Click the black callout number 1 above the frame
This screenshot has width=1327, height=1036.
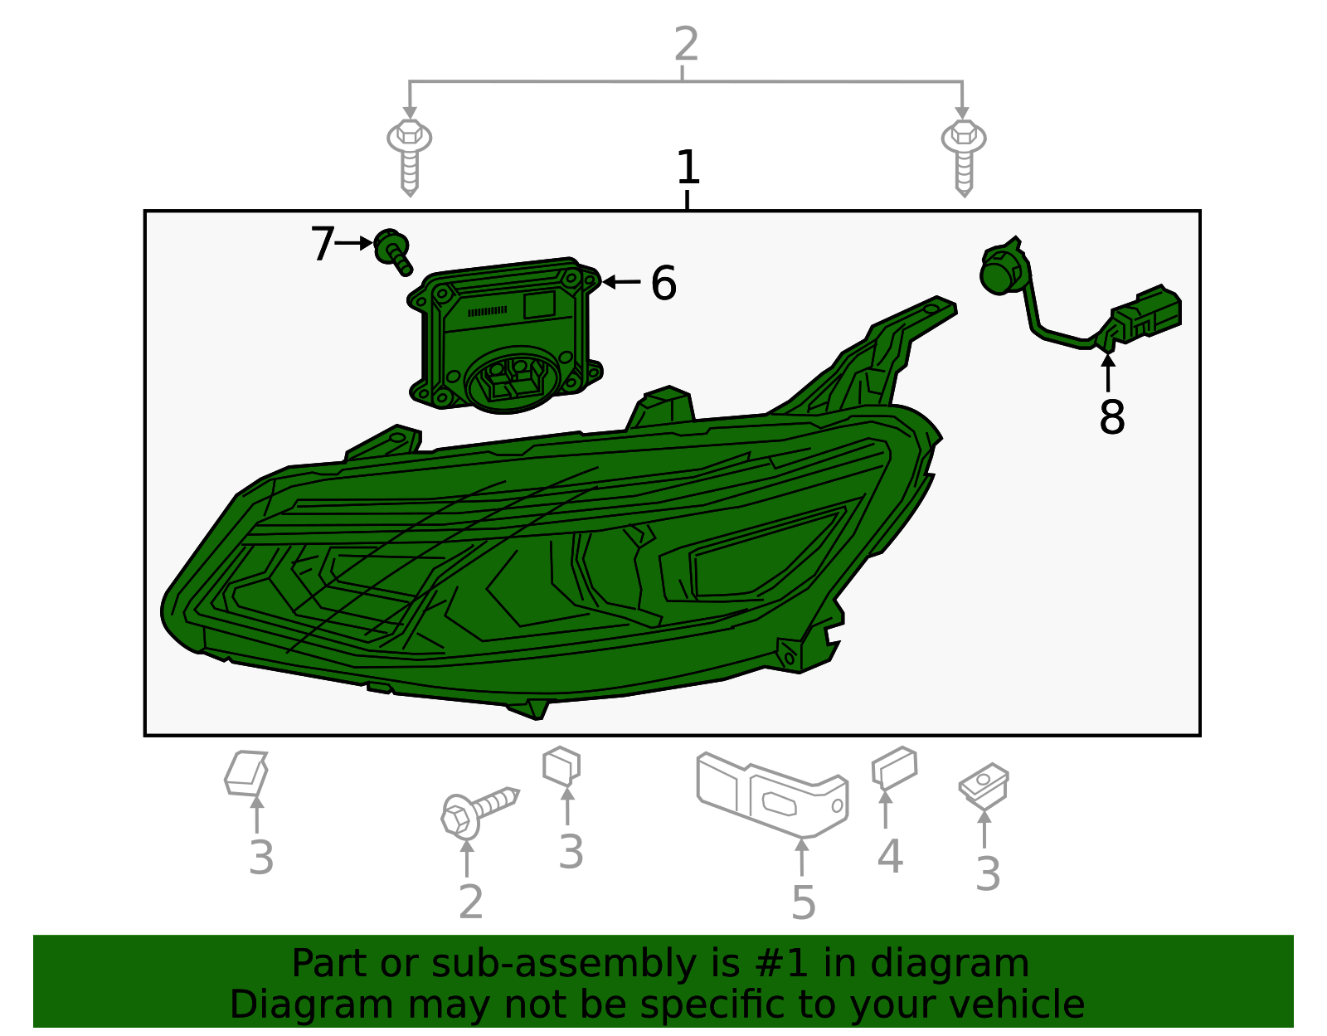pyautogui.click(x=688, y=168)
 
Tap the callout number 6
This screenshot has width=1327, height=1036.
pyautogui.click(x=663, y=284)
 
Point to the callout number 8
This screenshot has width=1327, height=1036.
pyautogui.click(x=1111, y=417)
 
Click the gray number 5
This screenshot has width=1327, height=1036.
pyautogui.click(x=803, y=902)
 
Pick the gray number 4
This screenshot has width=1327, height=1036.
pyautogui.click(x=889, y=857)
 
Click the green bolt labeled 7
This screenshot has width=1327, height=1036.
pyautogui.click(x=392, y=250)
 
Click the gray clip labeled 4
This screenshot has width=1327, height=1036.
pyautogui.click(x=894, y=768)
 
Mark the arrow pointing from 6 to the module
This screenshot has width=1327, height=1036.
pyautogui.click(x=621, y=282)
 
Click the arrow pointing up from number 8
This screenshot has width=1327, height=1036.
pyautogui.click(x=1108, y=371)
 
